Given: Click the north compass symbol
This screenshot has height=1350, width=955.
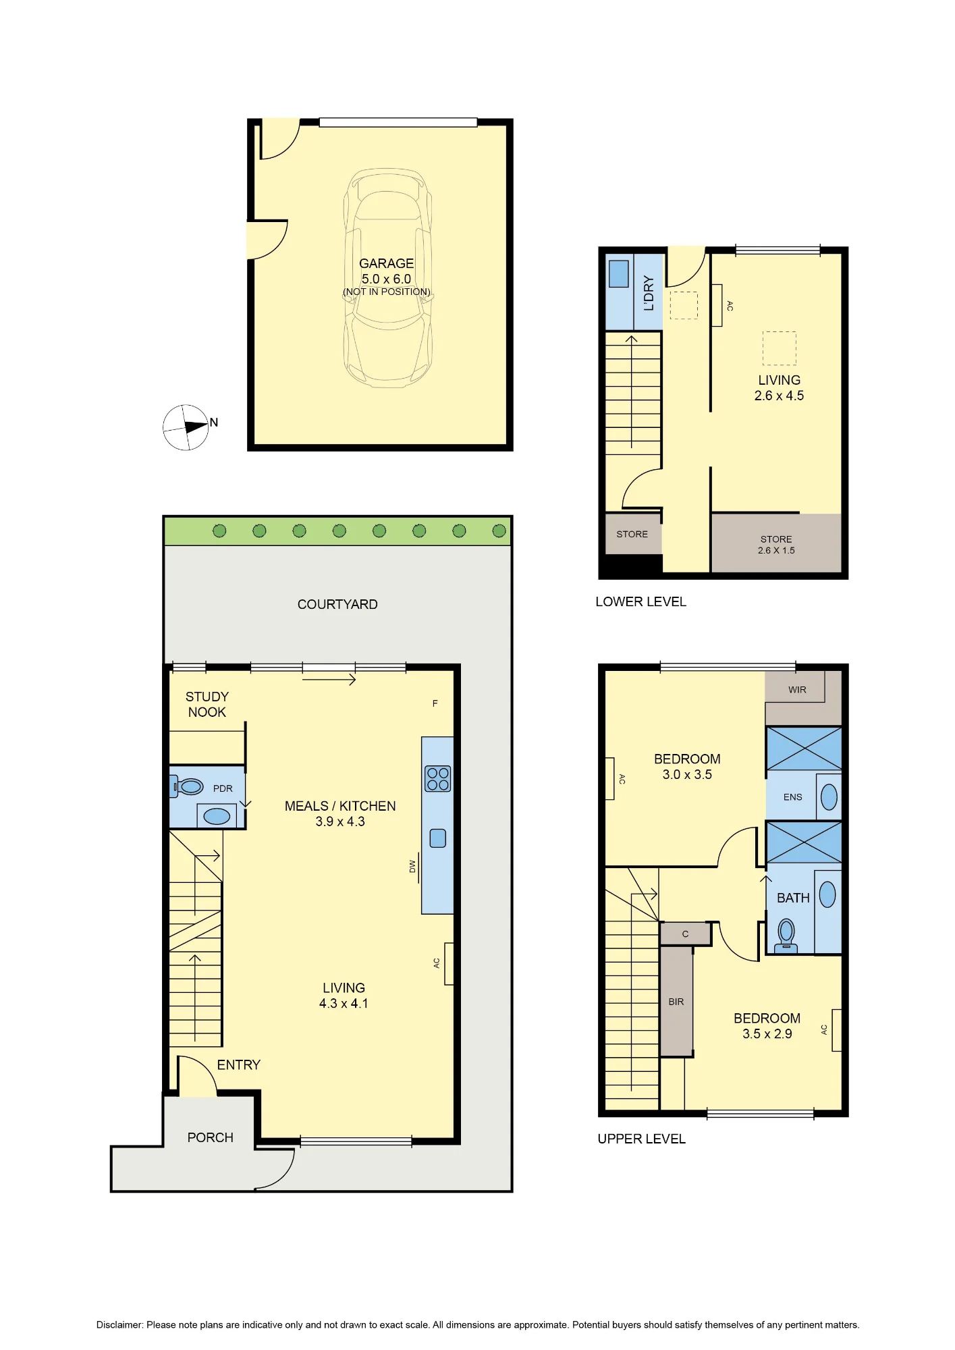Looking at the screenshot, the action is tap(186, 427).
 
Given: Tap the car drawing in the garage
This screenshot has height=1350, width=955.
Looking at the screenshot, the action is tap(387, 277).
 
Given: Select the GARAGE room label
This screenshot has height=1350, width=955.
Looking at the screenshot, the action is tap(386, 263).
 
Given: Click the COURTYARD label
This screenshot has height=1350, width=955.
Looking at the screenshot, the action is tap(337, 604).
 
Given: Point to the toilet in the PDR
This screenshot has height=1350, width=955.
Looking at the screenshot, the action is tap(187, 786).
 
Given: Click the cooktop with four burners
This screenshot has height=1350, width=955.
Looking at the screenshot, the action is tap(437, 778).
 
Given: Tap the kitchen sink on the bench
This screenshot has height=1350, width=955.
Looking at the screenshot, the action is tap(438, 838).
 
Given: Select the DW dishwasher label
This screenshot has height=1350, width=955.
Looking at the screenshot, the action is tap(412, 866).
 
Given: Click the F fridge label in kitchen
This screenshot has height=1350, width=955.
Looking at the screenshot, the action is tap(435, 703).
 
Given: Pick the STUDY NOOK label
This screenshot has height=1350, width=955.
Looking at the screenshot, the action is tap(207, 704).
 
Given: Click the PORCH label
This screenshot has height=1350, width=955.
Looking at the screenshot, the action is tap(211, 1137).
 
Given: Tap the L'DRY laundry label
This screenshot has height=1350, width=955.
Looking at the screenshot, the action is tap(649, 292).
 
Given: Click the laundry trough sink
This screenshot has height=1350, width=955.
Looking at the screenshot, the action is tap(619, 273).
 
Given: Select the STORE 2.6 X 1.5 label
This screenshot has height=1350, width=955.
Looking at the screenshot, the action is tap(776, 545).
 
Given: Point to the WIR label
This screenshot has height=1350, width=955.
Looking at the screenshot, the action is tap(797, 690).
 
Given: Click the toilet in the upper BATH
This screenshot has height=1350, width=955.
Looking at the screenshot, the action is tap(786, 935).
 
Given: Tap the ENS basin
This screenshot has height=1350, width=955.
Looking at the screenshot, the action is tap(829, 796).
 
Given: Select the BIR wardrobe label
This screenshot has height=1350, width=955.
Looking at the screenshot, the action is tap(676, 1002).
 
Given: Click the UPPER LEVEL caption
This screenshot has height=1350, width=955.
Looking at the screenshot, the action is tap(642, 1139).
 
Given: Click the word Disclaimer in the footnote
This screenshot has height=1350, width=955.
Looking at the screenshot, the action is tap(119, 1325).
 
